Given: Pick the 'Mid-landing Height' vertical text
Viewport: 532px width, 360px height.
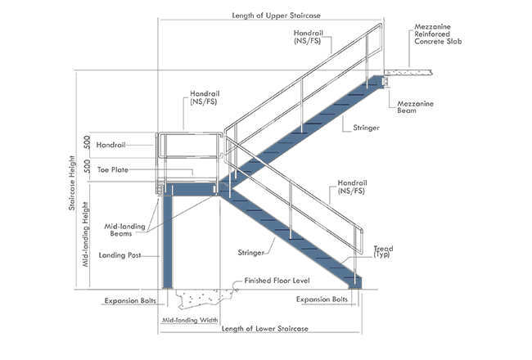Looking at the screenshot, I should coord(86,245).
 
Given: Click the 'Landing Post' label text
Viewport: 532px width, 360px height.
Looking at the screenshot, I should coord(118,255).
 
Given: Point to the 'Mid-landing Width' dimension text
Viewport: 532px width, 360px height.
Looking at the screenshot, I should coord(190,321).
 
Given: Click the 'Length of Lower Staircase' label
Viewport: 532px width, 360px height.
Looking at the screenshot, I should coord(265,329).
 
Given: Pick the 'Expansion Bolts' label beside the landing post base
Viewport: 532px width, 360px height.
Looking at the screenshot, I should coord(130,301).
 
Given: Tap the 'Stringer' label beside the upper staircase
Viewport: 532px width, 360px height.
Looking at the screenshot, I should coord(364,129).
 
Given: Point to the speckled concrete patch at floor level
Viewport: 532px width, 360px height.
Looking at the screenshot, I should coord(204,298).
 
